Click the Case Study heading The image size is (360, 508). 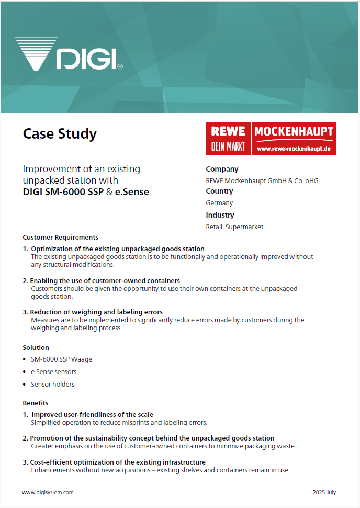point(60,134)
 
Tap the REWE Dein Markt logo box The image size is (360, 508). point(228,139)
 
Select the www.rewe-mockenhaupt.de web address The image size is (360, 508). point(294,149)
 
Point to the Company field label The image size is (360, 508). point(222,169)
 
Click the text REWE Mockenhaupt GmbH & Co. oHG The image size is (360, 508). point(262,181)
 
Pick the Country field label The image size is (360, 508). point(220,191)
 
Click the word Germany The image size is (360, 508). point(219,203)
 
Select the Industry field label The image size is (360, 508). point(220,215)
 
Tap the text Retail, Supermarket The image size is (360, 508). point(234,227)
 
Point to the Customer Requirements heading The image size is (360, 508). point(61,237)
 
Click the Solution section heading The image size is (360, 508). point(36,347)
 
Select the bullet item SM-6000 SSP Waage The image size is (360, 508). point(61,359)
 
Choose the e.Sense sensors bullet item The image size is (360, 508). point(53,372)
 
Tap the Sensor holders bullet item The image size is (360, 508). point(52,385)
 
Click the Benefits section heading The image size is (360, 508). point(36,403)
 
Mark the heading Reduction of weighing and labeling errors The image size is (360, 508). point(96,312)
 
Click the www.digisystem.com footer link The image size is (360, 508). point(48,492)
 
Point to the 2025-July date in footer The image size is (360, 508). point(324,492)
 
